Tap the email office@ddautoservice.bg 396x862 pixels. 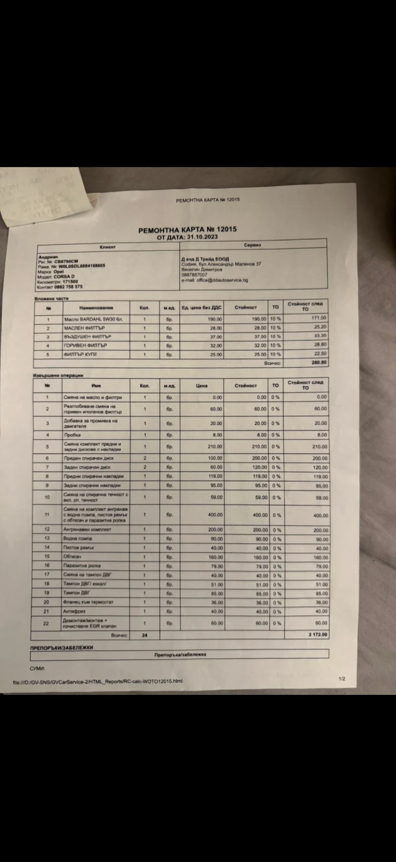pos(215,280)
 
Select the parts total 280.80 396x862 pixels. pos(319,363)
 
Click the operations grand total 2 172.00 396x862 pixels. pos(318,635)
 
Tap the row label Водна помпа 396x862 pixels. pos(77,539)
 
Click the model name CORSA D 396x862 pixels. pos(64,277)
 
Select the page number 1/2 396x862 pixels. pos(341,679)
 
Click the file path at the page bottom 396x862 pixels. pos(98,681)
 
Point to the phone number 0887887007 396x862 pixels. pos(194,275)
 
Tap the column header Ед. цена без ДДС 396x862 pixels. pos(201,307)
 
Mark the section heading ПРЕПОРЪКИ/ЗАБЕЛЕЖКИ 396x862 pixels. pos(62,647)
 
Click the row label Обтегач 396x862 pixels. pos(73,556)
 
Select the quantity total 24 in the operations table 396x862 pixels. pos(144,635)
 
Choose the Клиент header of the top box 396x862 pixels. pos(108,247)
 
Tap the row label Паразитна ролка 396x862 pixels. pos(82,566)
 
